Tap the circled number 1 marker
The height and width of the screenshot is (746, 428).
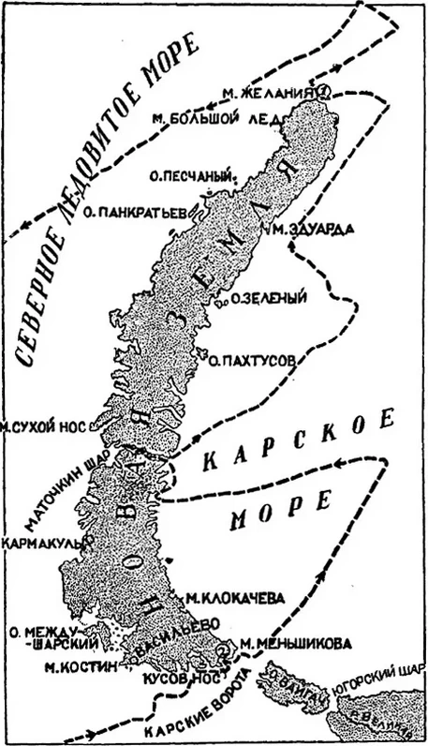322,92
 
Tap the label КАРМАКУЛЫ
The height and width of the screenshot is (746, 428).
45,541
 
